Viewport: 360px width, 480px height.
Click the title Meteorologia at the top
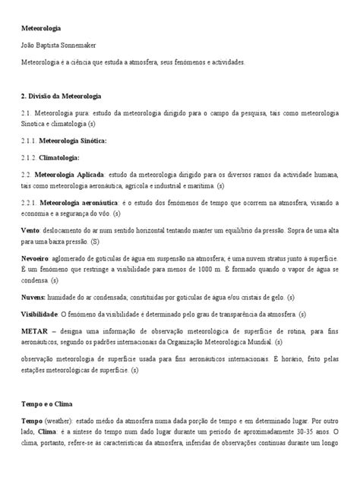[x=40, y=29]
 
